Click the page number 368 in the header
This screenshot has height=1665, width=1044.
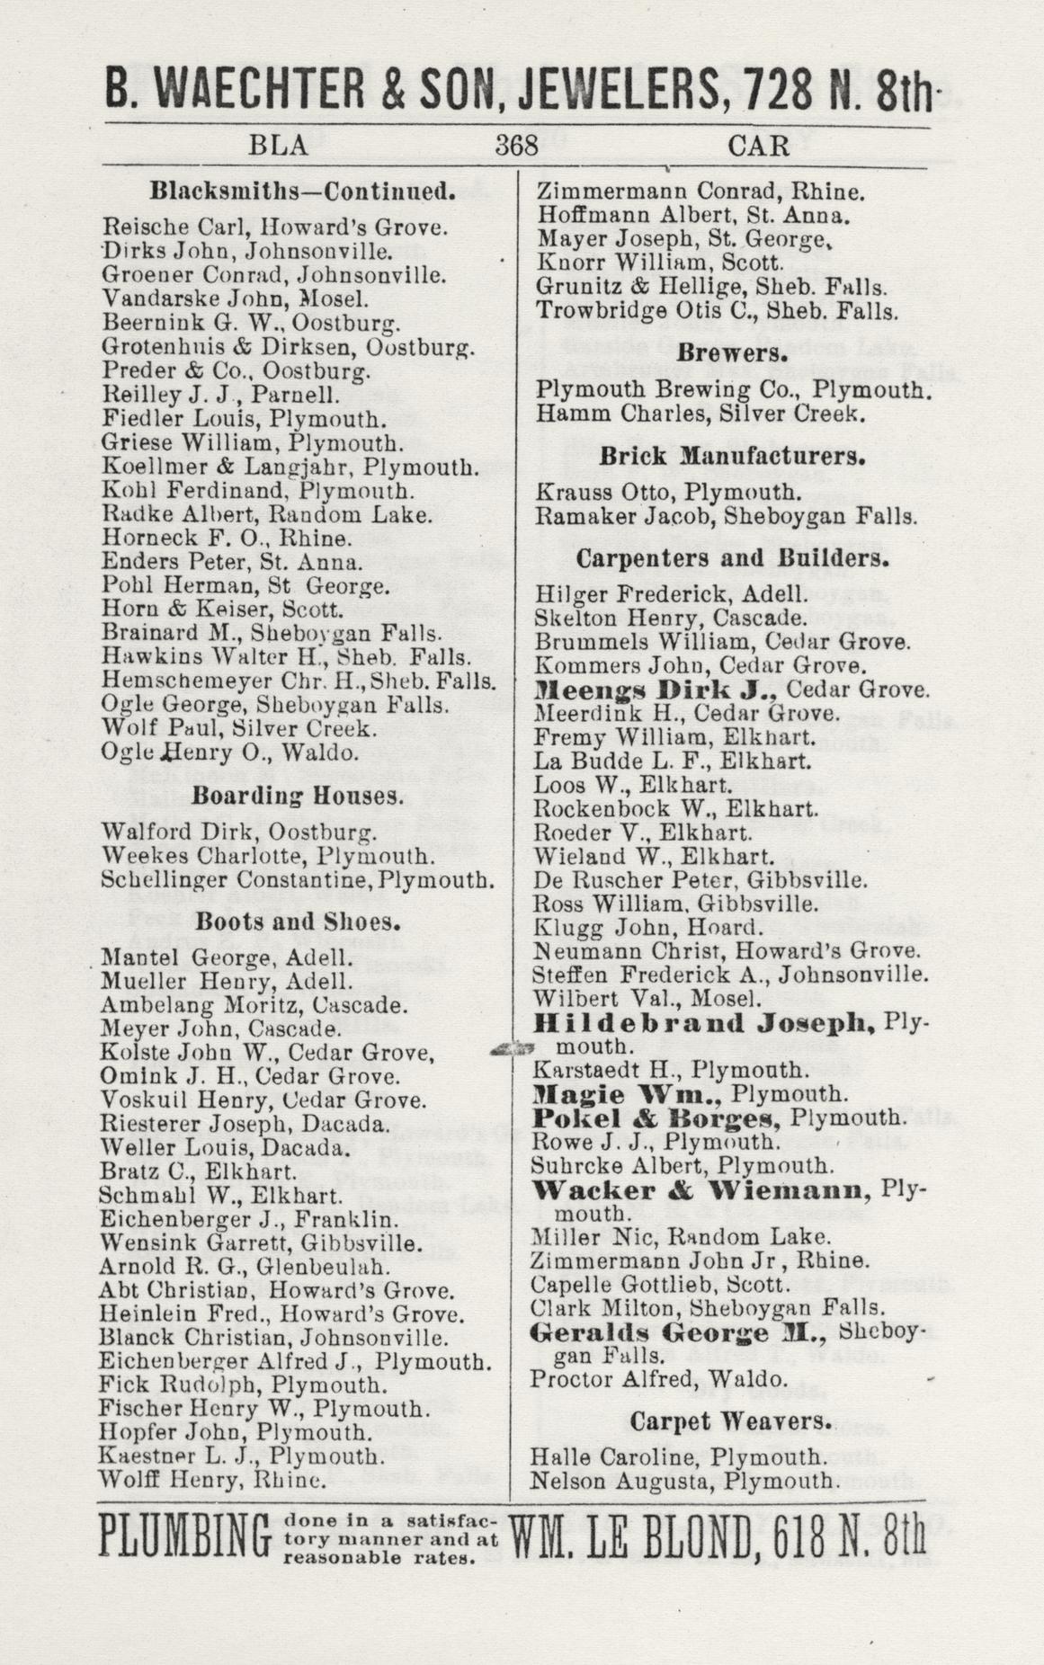pyautogui.click(x=516, y=146)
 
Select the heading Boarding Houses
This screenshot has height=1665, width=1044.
pyautogui.click(x=296, y=796)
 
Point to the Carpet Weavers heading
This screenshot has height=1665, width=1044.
pyautogui.click(x=728, y=1421)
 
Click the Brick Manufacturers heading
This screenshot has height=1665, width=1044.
pyautogui.click(x=732, y=456)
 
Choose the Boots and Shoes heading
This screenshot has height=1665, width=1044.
pyautogui.click(x=297, y=922)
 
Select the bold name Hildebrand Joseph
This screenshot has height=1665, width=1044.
pyautogui.click(x=704, y=1022)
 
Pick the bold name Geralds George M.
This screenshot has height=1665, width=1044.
pyautogui.click(x=663, y=1332)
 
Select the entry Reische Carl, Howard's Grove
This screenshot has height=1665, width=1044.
pyautogui.click(x=274, y=227)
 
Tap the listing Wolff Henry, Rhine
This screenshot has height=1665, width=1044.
pyautogui.click(x=213, y=1479)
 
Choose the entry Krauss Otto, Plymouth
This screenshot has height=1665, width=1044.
pyautogui.click(x=667, y=493)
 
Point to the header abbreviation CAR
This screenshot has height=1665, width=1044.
pyautogui.click(x=759, y=146)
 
